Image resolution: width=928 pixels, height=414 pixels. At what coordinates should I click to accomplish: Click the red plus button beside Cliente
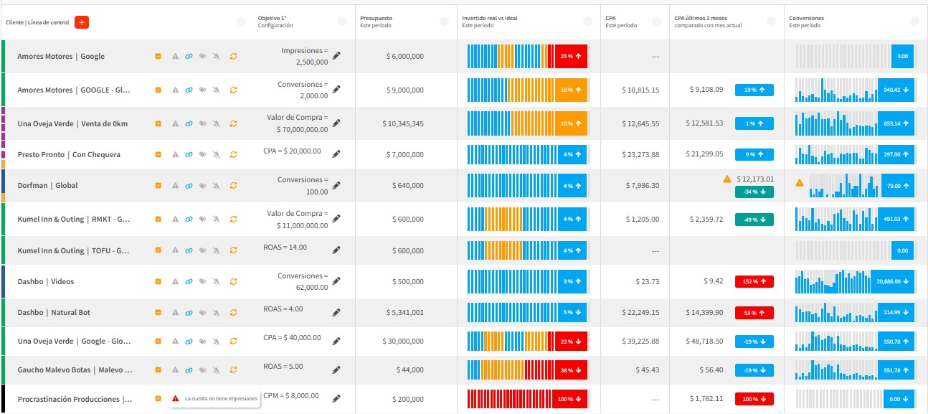click(81, 22)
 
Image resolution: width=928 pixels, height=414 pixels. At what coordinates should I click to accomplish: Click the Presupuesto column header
click(377, 17)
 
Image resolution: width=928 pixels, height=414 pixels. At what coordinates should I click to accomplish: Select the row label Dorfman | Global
click(47, 186)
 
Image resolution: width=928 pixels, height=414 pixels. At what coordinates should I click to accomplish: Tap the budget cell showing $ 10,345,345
click(404, 124)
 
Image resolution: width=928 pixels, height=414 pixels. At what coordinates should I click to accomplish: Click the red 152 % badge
click(754, 282)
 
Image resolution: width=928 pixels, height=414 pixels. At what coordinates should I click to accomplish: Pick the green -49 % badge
click(754, 220)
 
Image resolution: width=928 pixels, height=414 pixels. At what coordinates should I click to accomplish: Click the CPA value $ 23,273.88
click(641, 154)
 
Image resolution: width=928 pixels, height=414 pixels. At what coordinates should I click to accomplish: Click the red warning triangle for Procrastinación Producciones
click(175, 398)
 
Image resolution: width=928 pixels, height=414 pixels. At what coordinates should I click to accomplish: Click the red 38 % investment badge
click(571, 370)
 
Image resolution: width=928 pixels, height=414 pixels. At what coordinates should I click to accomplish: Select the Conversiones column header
click(806, 17)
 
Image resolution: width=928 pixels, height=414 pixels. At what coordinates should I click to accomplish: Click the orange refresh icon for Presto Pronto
click(233, 154)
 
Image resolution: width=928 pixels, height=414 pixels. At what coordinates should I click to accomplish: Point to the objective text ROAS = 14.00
click(285, 247)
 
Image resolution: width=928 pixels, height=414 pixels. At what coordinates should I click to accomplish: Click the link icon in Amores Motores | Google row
click(189, 56)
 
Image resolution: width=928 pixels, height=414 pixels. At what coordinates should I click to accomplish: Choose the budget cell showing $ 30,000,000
click(404, 342)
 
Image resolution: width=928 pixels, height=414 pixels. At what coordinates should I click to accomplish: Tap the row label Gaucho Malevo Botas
click(75, 370)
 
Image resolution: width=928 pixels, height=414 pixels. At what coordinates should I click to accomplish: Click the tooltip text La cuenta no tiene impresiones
click(220, 398)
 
